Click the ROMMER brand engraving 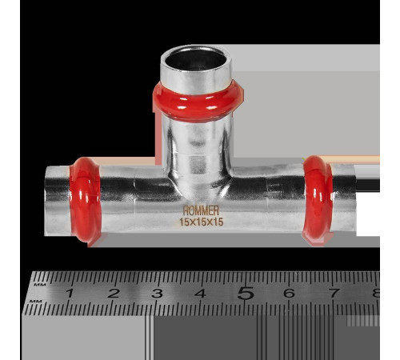tap(201, 210)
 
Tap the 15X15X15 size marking tap(202, 222)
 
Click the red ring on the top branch tap(198, 102)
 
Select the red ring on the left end tap(85, 200)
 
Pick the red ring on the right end tap(318, 200)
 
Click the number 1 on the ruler tap(70, 293)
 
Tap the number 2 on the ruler tap(114, 294)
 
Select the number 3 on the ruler tap(157, 294)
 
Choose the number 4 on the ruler tap(200, 294)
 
